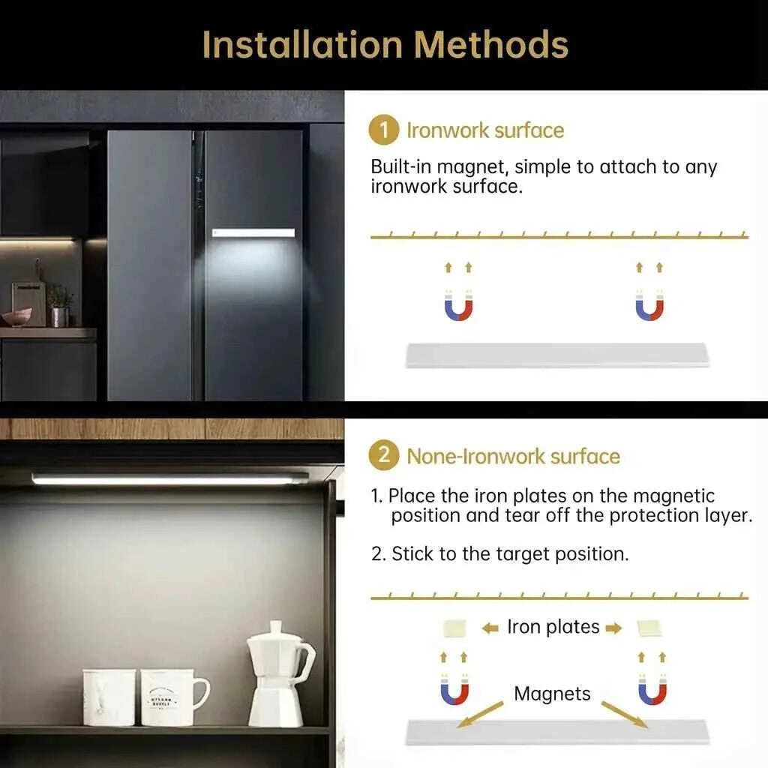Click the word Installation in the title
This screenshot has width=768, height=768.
pos(302,44)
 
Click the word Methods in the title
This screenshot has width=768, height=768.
pos(491,44)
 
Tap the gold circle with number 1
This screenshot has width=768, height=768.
pos(384,130)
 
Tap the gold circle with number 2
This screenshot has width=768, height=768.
pos(384,455)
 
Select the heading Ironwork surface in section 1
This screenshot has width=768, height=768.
pos(485,130)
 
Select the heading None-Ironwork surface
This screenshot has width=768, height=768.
pos(513,457)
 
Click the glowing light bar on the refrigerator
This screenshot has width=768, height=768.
pos(253,233)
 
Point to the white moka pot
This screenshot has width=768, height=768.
pos(280,674)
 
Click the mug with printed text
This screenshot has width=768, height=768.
pos(172,697)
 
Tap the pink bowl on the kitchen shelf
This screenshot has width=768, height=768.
pos(16,317)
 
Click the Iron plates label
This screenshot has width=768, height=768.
pos(553,627)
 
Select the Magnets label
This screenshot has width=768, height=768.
pos(552,694)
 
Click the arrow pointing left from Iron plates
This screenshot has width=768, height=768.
pos(490,628)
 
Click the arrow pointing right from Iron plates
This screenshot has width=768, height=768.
pos(613,628)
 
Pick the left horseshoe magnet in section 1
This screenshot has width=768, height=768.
pos(458,306)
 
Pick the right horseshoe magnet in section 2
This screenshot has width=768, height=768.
pos(652,690)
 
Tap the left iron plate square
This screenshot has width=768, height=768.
pos(454,628)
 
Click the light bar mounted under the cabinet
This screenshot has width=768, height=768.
pos(170,479)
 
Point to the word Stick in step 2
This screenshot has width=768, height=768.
pos(413,554)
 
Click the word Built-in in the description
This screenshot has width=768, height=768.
pos(401,167)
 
